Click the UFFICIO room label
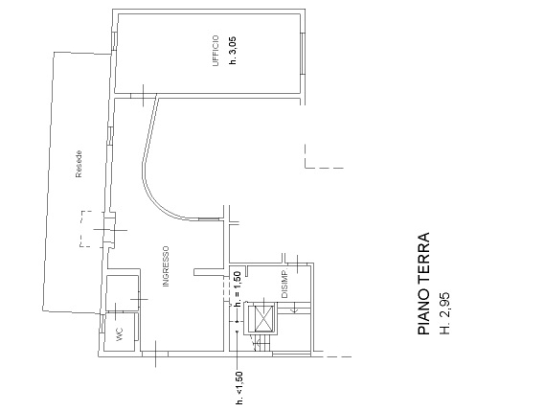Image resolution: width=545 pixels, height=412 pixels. click(216, 51)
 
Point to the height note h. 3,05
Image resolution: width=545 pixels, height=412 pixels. click(233, 51)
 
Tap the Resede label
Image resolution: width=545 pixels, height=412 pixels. click(79, 164)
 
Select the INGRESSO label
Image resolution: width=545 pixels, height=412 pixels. click(166, 266)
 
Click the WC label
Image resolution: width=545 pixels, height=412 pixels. click(120, 334)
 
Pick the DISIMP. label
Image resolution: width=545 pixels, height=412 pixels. click(284, 284)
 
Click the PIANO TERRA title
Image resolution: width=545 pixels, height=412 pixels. click(423, 284)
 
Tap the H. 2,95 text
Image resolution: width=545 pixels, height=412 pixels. click(444, 313)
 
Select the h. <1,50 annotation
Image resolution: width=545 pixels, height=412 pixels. click(239, 388)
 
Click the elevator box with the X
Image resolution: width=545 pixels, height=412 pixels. click(263, 319)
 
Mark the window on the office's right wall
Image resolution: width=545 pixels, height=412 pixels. click(302, 54)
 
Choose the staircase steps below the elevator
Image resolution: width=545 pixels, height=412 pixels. click(263, 344)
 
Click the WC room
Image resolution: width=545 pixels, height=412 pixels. click(120, 332)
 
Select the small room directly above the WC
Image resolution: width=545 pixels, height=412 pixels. click(122, 292)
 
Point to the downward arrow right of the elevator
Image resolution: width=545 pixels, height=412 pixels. click(295, 309)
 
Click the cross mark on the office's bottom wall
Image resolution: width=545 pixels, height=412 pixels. click(143, 95)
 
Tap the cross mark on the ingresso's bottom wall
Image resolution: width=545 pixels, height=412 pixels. click(155, 354)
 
